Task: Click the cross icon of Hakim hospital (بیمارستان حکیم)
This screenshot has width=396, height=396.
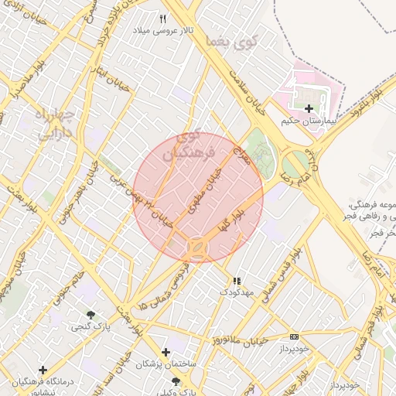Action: click(x=309, y=108)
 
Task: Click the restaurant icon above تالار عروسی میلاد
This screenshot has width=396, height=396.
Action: click(x=162, y=19)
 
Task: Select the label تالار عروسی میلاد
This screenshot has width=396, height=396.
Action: click(x=162, y=31)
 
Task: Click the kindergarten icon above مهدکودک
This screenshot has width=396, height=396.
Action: click(x=237, y=280)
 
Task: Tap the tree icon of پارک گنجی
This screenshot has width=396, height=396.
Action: click(x=91, y=315)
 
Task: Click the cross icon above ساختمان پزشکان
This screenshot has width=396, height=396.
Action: click(x=165, y=352)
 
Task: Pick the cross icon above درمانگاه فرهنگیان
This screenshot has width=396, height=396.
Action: click(x=43, y=370)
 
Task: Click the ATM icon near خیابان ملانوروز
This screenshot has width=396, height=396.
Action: click(x=294, y=336)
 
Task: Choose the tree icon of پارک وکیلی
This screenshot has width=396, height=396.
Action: click(x=175, y=381)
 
